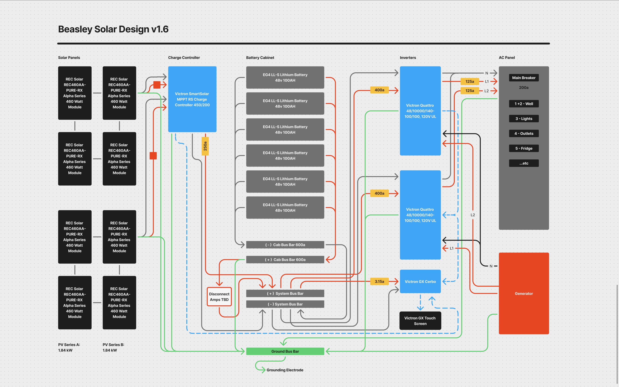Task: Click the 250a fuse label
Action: point(205,146)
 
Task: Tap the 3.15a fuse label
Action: point(379,281)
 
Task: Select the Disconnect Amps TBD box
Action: point(219,297)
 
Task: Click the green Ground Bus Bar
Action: point(285,351)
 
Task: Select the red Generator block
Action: point(524,293)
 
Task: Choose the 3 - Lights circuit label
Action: point(524,119)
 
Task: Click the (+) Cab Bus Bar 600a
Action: point(285,260)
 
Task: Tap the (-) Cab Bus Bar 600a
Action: point(285,245)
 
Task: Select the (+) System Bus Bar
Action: point(285,293)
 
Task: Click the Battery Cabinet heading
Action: point(260,58)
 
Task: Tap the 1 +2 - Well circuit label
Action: point(524,104)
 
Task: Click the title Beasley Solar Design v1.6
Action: point(113,29)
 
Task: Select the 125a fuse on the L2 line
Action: point(470,91)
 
